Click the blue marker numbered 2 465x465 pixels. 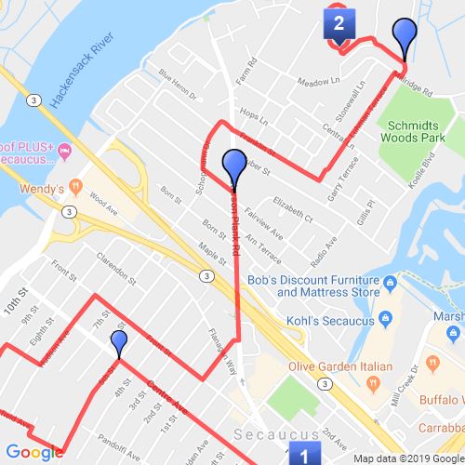point(338,22)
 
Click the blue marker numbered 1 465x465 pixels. point(302,454)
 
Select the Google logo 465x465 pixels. point(33,453)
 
